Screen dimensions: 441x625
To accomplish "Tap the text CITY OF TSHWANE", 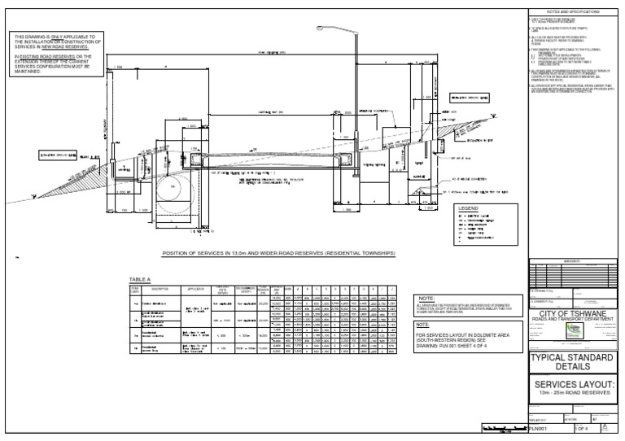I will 570,313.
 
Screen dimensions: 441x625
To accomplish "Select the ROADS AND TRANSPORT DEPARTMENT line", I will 570,320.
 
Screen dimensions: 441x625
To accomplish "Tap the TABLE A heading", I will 141,280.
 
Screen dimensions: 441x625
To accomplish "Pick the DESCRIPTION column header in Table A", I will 160,290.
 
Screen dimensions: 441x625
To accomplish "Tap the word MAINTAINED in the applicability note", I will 29,72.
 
